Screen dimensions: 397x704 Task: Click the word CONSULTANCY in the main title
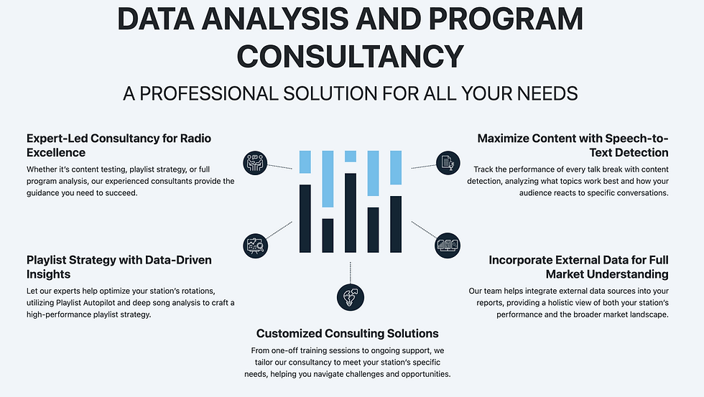(x=351, y=55)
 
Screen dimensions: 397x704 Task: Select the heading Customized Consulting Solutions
(x=347, y=333)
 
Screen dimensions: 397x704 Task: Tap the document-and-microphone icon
(x=446, y=163)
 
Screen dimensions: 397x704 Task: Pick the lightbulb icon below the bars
(x=350, y=296)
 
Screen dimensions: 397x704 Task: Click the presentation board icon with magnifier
(x=255, y=245)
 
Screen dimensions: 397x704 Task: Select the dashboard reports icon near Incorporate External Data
(x=446, y=245)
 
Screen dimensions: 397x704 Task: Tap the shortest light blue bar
(x=351, y=157)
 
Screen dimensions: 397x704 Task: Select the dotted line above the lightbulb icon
(x=351, y=272)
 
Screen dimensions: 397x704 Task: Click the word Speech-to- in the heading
(x=637, y=138)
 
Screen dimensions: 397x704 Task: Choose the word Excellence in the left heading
(x=56, y=152)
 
